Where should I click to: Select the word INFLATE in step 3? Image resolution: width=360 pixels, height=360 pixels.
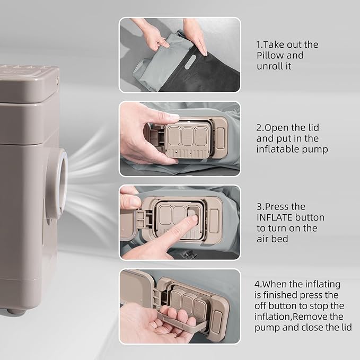[274, 217]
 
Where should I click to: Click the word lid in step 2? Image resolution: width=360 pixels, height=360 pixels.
[313, 127]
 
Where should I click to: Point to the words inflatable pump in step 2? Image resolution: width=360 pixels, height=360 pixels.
[292, 149]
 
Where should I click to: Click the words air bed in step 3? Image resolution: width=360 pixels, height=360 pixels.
[272, 239]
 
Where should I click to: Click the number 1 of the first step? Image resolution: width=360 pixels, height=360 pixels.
[259, 45]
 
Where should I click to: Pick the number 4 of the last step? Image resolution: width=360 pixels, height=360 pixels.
[257, 284]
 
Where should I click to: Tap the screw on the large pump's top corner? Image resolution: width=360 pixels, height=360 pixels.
[57, 80]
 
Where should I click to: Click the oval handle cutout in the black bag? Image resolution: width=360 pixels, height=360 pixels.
[190, 62]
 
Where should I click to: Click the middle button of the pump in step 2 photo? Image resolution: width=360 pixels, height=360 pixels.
[187, 136]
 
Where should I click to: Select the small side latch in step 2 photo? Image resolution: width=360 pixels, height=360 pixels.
[221, 138]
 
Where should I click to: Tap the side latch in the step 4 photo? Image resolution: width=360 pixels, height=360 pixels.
[216, 321]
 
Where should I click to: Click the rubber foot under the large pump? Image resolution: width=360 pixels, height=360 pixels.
[15, 311]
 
